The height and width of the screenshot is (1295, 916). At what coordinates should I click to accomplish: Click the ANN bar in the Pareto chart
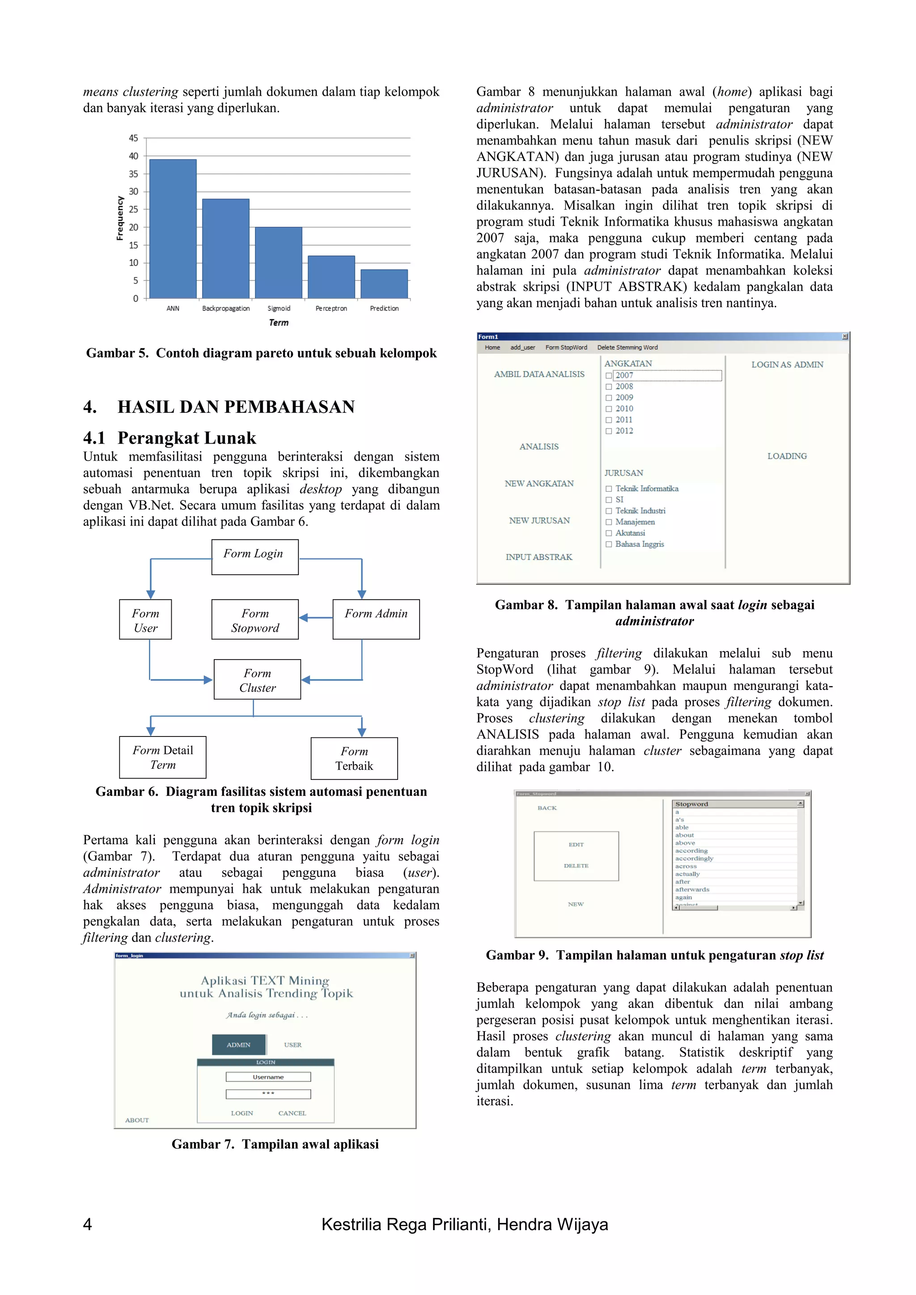click(173, 229)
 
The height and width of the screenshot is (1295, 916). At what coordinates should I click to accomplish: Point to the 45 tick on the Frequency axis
click(133, 138)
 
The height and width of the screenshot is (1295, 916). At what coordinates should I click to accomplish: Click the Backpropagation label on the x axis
click(225, 309)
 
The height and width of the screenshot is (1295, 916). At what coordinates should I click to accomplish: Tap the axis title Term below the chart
click(278, 322)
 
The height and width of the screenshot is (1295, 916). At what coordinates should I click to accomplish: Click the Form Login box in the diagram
click(255, 557)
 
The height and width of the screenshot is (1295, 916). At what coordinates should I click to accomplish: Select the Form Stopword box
click(255, 619)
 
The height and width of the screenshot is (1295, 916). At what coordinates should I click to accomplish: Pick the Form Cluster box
click(257, 680)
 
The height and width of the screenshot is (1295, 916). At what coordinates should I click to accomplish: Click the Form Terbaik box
click(354, 758)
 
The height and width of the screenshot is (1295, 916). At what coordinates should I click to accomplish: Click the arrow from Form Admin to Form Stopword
click(316, 618)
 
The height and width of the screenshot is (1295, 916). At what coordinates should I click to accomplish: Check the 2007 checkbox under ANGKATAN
click(609, 376)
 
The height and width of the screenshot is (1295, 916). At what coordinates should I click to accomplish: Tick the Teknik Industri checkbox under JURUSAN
click(609, 511)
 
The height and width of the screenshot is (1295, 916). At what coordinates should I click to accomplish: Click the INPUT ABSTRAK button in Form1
click(539, 557)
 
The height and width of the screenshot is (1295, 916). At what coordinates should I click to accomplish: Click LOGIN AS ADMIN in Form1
click(787, 365)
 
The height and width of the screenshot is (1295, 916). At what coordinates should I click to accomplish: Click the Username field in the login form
click(268, 1077)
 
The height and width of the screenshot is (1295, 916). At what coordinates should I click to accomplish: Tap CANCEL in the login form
click(292, 1113)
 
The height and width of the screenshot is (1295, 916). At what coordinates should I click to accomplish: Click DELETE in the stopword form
click(576, 865)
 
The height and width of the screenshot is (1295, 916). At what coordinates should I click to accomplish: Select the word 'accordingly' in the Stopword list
click(694, 859)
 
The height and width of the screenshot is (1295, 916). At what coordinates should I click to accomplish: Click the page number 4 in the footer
click(87, 1224)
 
